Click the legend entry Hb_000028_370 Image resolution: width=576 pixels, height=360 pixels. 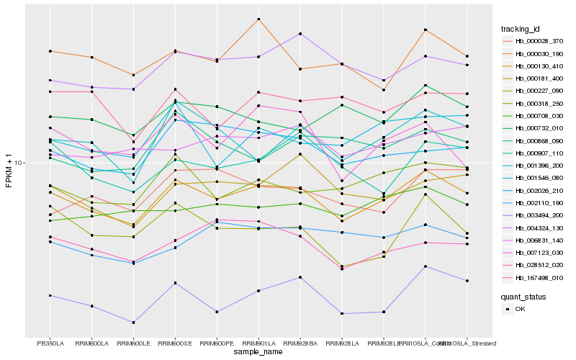click(x=533, y=41)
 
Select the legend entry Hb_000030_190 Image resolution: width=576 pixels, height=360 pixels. click(x=533, y=53)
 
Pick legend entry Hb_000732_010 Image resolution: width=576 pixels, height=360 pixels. click(x=533, y=128)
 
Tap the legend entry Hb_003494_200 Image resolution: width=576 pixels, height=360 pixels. click(x=533, y=215)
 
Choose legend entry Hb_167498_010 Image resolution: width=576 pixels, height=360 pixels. click(x=533, y=277)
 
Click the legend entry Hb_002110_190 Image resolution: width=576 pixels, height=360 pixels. click(x=533, y=203)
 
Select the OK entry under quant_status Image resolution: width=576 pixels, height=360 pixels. click(x=521, y=309)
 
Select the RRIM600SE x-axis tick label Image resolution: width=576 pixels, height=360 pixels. click(x=175, y=343)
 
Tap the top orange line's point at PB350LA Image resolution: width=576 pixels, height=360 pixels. click(x=50, y=51)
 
